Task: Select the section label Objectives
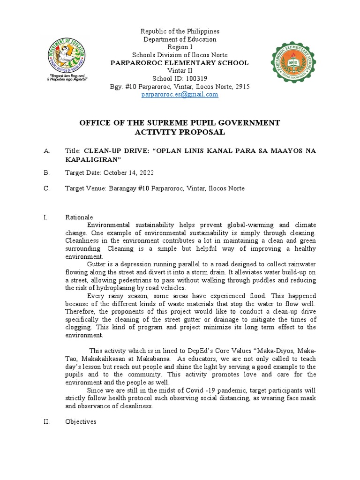point(81,422)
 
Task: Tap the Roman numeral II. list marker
point(46,422)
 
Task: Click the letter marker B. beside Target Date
point(46,172)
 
